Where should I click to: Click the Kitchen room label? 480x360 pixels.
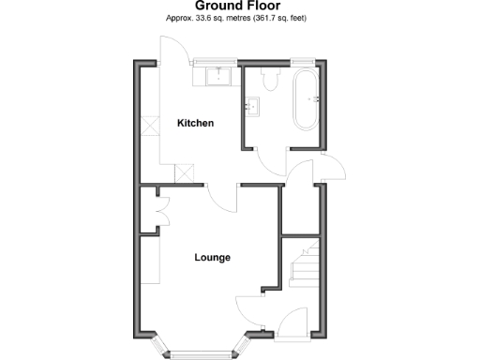[196, 123]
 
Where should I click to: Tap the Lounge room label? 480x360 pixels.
[212, 257]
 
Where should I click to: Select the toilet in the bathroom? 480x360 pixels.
[271, 80]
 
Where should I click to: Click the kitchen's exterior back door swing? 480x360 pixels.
[174, 50]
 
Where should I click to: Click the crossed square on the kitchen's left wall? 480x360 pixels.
[150, 125]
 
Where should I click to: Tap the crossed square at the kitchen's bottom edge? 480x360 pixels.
[186, 174]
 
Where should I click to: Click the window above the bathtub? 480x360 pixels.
[303, 62]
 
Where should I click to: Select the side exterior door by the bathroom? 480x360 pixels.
[334, 169]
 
